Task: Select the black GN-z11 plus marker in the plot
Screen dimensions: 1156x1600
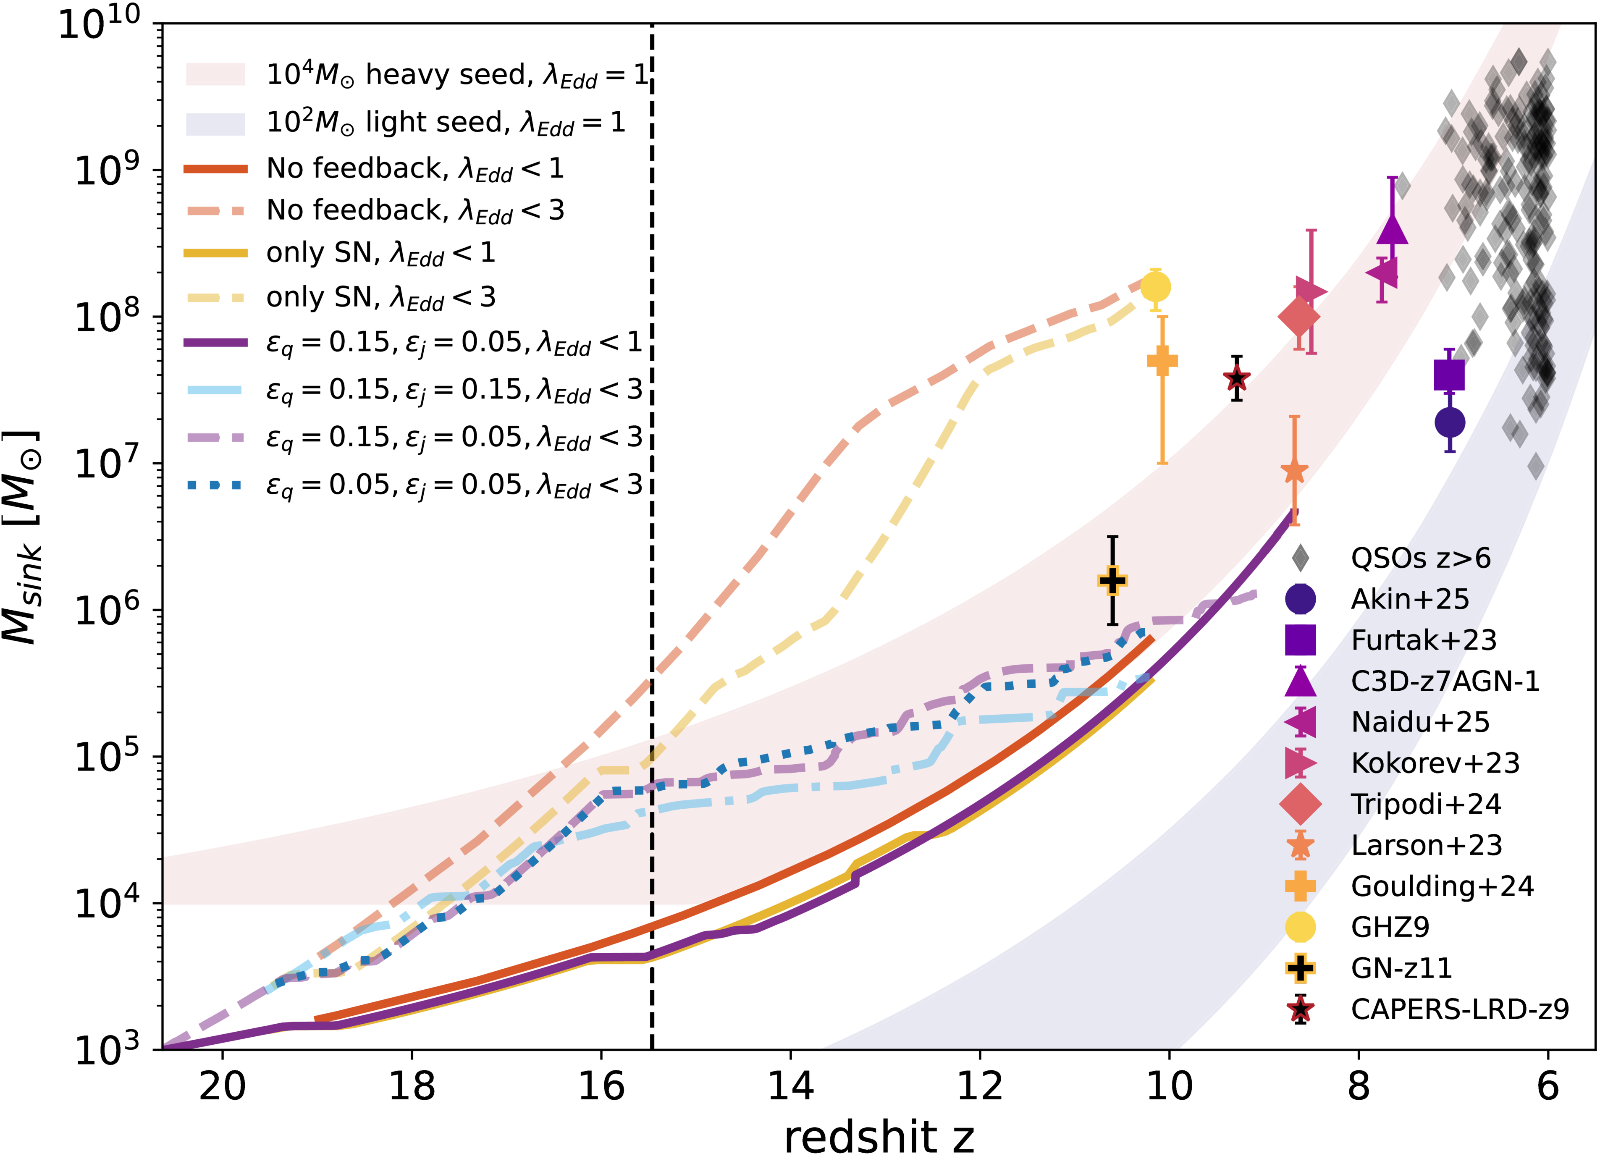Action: pyautogui.click(x=1112, y=580)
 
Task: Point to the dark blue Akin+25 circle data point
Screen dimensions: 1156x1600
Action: pyautogui.click(x=1450, y=422)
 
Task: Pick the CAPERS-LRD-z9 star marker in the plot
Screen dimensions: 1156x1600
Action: pyautogui.click(x=1237, y=379)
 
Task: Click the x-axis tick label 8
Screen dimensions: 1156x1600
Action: pyautogui.click(x=1359, y=1086)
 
